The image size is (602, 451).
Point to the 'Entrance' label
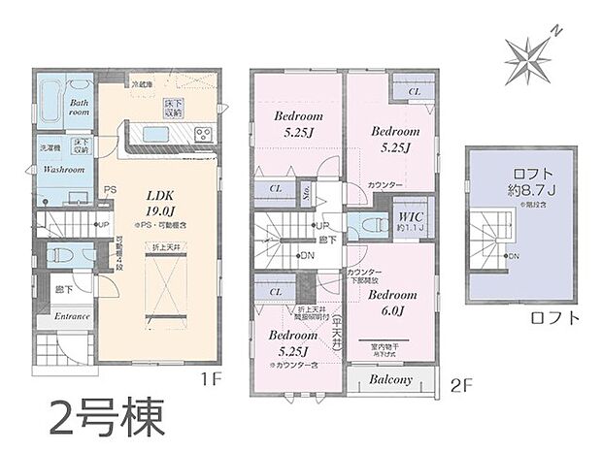pos(72,316)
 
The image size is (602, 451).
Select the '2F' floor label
pos(461,383)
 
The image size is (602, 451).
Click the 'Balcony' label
pos(391,379)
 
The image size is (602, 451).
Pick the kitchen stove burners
pos(203,134)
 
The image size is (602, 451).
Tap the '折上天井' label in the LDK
pos(162,251)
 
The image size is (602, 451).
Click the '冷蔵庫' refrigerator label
pos(146,85)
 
